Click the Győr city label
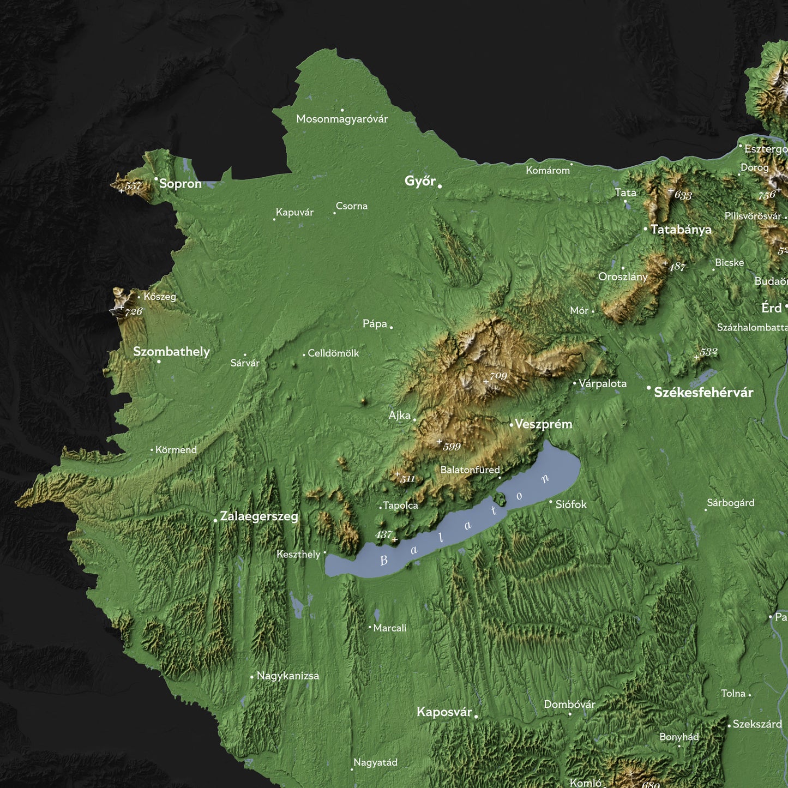tap(420, 181)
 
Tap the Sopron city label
tap(181, 184)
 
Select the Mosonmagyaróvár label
tap(342, 119)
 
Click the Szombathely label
tap(171, 352)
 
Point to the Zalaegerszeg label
tap(259, 516)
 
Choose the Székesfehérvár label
tap(703, 393)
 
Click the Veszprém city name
tap(544, 424)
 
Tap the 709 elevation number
tap(498, 376)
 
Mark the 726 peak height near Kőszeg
tap(134, 312)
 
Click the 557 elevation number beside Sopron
tap(133, 186)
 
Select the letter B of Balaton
tap(383, 561)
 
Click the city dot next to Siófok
tap(550, 502)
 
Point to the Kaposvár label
tap(444, 712)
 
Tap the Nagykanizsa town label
tap(288, 676)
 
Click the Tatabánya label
tap(681, 230)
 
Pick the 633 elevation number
tap(683, 195)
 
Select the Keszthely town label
tap(298, 555)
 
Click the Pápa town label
tap(375, 324)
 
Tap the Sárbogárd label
tap(731, 503)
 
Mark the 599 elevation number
tap(452, 447)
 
